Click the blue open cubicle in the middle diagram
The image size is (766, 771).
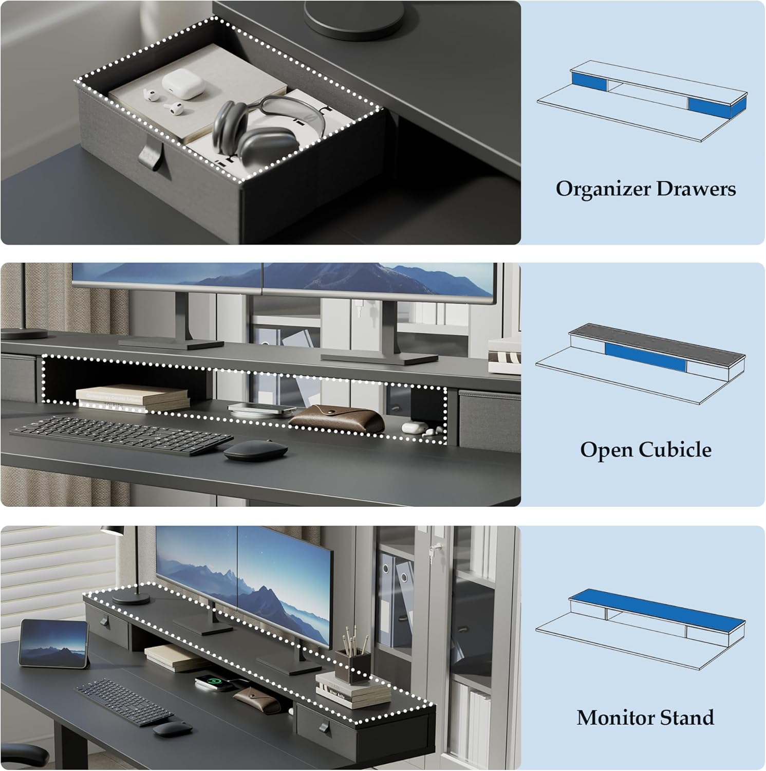tap(645, 356)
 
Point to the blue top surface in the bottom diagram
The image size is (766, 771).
tap(656, 607)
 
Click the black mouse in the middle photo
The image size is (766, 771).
tap(256, 451)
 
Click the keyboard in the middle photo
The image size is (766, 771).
tap(121, 435)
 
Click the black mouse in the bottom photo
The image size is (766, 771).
tap(172, 729)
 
